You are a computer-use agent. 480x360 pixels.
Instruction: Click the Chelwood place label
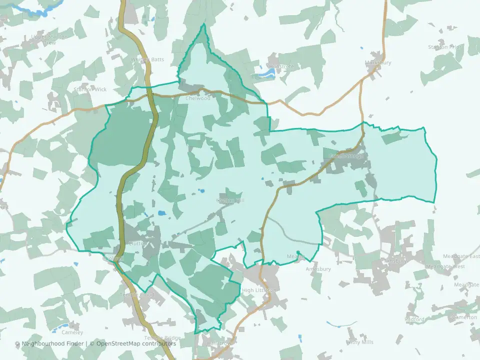coord(198,98)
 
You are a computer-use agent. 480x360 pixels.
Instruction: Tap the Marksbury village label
coord(378,63)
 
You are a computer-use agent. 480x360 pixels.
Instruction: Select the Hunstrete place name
coord(281,66)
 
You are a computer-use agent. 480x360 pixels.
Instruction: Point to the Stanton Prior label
coord(444,47)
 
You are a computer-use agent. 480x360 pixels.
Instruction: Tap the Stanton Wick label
coord(90,89)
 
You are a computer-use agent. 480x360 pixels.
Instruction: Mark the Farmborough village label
coord(346,156)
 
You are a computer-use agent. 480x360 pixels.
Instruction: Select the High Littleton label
coord(258,290)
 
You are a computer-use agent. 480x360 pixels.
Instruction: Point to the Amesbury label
coord(318,269)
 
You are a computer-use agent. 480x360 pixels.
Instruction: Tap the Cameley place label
coord(72,332)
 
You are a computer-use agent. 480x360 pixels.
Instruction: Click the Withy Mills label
coord(359,342)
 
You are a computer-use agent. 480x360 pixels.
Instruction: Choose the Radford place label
coord(414,319)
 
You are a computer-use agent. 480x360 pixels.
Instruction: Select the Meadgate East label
coord(460,256)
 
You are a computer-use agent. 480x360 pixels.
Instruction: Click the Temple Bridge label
coord(162,337)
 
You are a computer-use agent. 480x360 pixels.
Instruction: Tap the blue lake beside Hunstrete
coord(265,74)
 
